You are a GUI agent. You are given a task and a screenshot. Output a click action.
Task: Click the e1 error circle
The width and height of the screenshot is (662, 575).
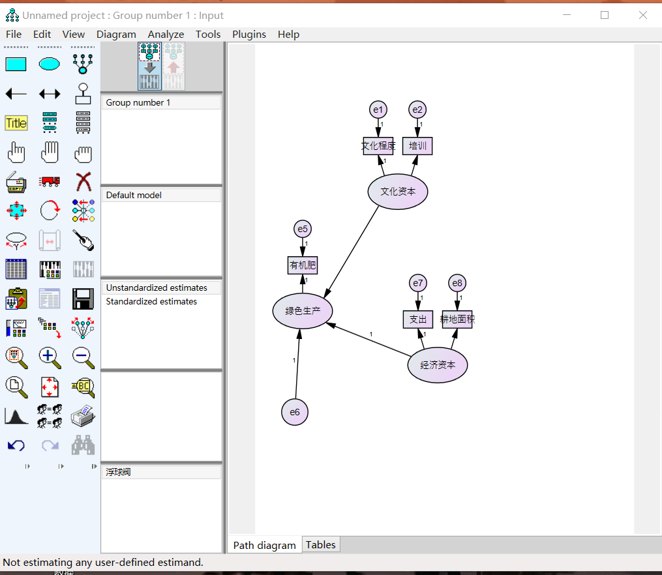point(378,110)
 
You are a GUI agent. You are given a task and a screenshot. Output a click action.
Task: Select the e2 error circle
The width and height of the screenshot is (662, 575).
point(417,110)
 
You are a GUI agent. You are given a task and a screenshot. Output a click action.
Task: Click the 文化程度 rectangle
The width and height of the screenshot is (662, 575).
point(378,146)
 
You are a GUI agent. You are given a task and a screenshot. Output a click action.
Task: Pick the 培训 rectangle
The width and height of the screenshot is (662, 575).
point(417,146)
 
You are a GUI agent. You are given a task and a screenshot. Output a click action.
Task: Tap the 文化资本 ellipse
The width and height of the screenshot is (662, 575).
point(398,192)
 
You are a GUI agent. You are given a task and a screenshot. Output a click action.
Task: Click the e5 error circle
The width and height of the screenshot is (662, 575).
point(302,229)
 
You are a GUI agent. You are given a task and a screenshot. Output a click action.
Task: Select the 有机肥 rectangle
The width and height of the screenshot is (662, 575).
point(303,265)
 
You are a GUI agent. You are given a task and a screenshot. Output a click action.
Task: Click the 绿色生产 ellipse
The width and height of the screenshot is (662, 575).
point(303,311)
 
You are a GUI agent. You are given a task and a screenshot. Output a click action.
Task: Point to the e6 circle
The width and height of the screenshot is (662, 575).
point(295,412)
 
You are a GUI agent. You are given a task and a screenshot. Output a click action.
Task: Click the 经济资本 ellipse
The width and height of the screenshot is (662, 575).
point(438,365)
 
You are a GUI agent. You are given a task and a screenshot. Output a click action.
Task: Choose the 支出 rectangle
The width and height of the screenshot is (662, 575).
point(418,319)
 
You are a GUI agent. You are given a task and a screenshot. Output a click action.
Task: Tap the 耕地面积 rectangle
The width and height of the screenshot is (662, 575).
point(457,319)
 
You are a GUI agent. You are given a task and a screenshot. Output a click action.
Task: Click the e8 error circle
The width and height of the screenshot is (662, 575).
point(457,283)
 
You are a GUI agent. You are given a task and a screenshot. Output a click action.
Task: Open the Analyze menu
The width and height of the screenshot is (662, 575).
point(166,35)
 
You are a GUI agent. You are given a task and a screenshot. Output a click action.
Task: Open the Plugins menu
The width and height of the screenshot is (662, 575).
point(249,35)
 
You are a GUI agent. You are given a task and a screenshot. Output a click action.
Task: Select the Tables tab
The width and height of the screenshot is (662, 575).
point(321,544)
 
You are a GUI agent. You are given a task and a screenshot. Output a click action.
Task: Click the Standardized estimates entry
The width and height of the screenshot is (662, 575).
point(151,302)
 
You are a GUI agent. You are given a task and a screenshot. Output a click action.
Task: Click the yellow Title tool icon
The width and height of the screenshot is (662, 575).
point(16,123)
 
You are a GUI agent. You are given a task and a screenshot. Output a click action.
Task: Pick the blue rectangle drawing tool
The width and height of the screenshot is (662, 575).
point(16,64)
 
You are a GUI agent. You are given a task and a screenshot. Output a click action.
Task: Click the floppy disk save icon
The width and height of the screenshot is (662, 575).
point(83,299)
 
